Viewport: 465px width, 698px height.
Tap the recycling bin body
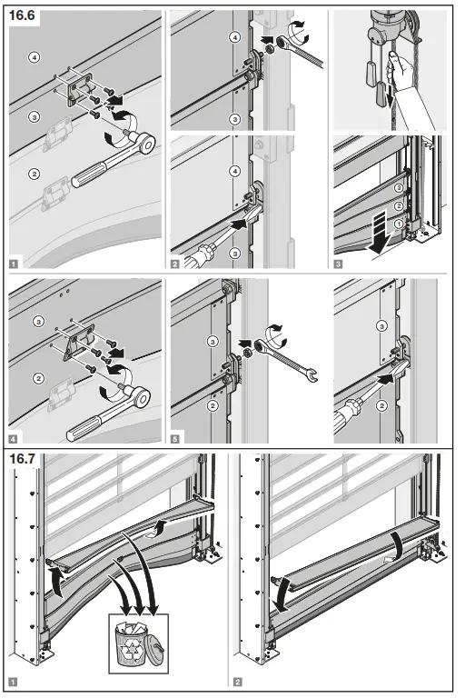point(134,646)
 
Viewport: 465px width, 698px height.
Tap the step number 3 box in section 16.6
point(339,264)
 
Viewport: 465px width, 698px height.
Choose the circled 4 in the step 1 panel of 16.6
point(34,57)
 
